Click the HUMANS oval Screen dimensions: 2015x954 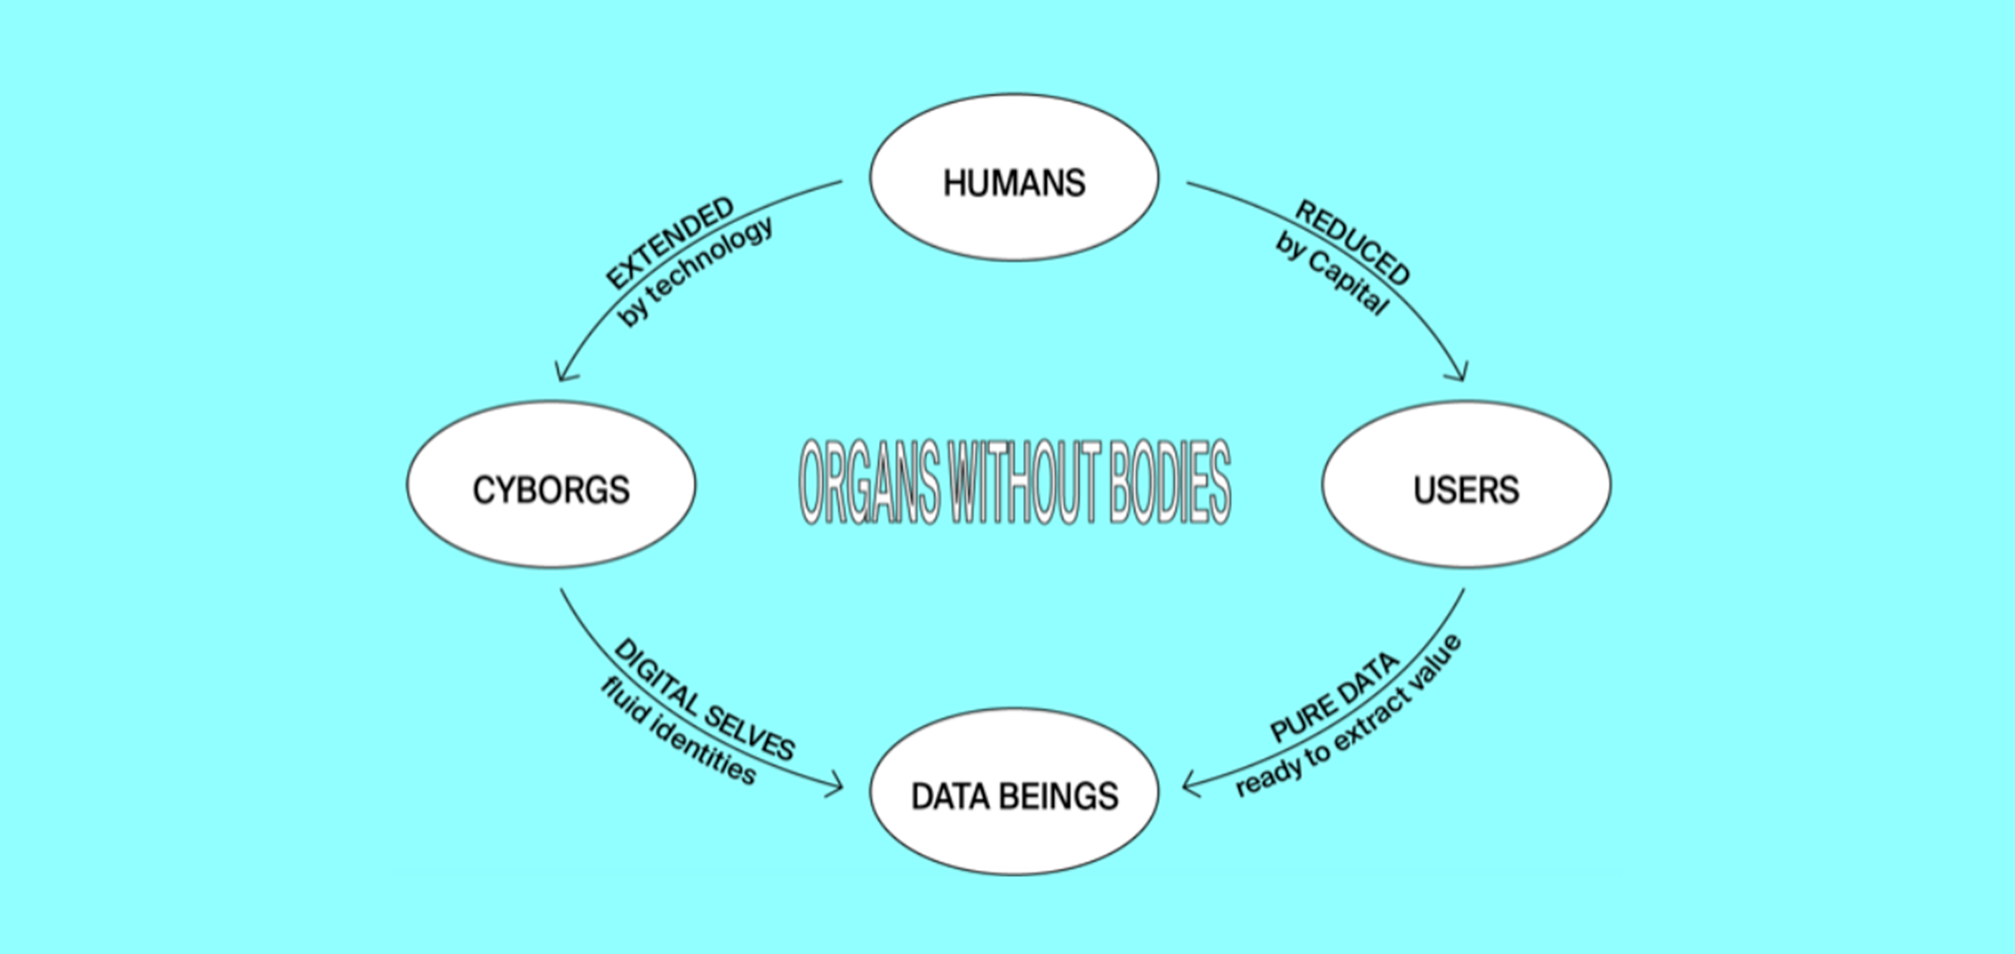point(1015,179)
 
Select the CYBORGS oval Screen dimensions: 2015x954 point(550,486)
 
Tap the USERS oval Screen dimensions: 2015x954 point(1466,486)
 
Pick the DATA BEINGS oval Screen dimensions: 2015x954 point(1015,792)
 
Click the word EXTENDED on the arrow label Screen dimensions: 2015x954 point(670,242)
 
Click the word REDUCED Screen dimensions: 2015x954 point(1353,242)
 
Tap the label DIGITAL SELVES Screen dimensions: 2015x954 point(704,700)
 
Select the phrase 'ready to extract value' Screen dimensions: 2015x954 point(1348,717)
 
